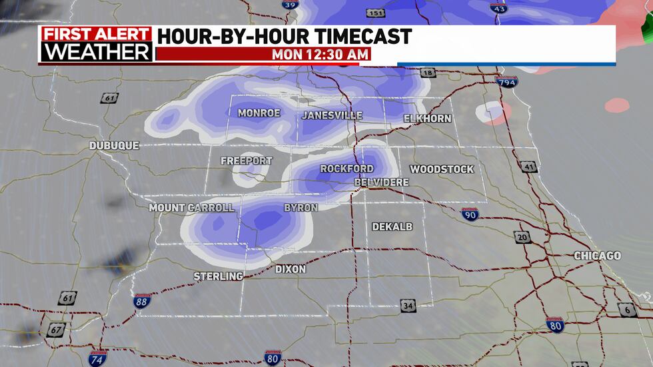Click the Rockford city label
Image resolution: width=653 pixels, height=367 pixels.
point(346,169)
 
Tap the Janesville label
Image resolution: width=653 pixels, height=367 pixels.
point(332,115)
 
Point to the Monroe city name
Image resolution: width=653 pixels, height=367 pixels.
point(259,113)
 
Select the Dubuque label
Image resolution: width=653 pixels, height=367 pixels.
point(115,145)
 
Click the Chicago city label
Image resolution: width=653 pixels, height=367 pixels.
point(597,256)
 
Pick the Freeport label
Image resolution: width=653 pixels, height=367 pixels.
point(247,161)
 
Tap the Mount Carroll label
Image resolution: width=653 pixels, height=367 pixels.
point(191,208)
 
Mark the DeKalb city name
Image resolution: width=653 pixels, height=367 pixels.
point(392,227)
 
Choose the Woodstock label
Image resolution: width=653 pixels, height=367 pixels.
point(442,170)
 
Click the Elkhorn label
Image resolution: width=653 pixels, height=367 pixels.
point(427,119)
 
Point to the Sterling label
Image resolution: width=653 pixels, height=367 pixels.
point(218,276)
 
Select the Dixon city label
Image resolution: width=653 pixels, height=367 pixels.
point(291,269)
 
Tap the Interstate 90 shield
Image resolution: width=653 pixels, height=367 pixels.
point(470,214)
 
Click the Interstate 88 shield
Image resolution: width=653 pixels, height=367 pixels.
point(143,301)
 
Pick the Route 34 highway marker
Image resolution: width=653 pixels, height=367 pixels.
point(408,306)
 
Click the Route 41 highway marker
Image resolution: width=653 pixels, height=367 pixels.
point(528,167)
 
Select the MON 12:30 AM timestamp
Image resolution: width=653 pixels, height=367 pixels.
point(320,55)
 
